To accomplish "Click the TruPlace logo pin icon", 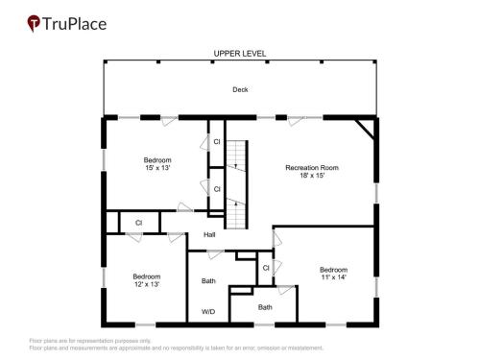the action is tap(34, 23).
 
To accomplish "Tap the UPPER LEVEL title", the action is tap(240, 54).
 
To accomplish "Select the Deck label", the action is tap(240, 89).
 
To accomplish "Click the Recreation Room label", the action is tap(312, 167).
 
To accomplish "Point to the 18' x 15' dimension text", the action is tap(312, 175).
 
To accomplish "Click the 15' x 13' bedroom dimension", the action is tap(157, 167).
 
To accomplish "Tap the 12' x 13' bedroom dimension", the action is tap(147, 284).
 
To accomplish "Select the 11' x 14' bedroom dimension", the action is tap(334, 276).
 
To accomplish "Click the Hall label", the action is tap(209, 234).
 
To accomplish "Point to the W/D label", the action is tap(208, 311).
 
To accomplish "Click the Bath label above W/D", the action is tap(208, 280).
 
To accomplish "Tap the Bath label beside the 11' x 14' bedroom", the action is tap(265, 307).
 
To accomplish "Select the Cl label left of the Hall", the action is tap(138, 223).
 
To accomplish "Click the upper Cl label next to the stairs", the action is tap(217, 141).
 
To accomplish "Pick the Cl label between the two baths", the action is tap(266, 268).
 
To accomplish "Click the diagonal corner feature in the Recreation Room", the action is tap(365, 130).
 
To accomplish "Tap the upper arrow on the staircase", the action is tap(236, 166).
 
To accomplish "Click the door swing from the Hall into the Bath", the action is tap(215, 254).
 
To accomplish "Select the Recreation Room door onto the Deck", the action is tap(296, 121).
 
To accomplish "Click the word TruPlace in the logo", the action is tap(74, 24).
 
